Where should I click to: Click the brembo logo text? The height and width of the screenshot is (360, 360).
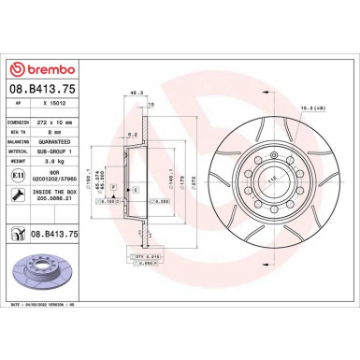[40, 70]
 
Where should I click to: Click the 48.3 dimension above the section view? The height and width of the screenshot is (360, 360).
[137, 93]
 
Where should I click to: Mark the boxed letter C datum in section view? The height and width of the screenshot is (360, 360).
[135, 190]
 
